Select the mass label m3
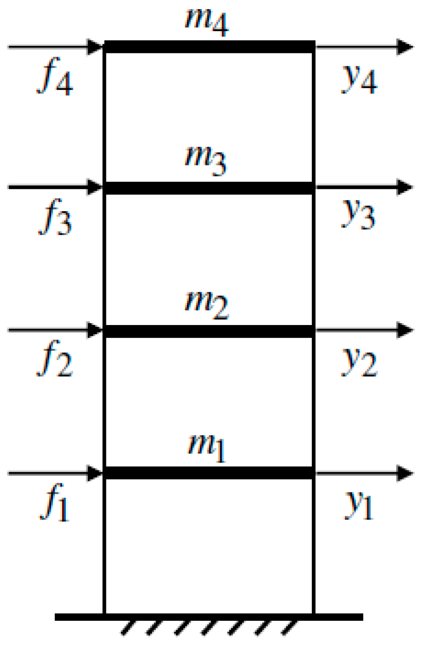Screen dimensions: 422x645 [206, 161]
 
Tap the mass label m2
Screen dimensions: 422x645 [206, 304]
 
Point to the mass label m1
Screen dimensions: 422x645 [207, 448]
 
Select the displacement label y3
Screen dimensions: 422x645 [359, 215]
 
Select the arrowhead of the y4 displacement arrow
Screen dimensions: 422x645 [405, 47]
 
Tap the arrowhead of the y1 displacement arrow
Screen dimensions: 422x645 [405, 473]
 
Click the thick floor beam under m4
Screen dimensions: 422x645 [210, 47]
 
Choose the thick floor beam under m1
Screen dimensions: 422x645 [210, 473]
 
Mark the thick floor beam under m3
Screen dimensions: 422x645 [210, 188]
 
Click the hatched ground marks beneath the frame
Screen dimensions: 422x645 [209, 629]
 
